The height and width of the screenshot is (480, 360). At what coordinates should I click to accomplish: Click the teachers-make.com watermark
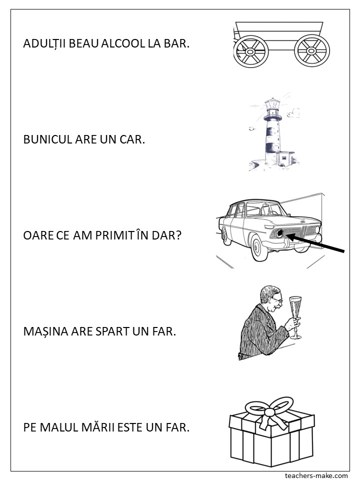[x=316, y=475]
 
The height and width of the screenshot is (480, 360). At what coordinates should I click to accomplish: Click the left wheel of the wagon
[x=251, y=51]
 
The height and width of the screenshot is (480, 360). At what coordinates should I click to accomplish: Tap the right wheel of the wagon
[x=312, y=50]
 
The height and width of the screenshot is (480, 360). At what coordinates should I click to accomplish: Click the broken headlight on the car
[x=279, y=234]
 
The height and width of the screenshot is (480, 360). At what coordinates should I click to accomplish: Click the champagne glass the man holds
[x=295, y=317]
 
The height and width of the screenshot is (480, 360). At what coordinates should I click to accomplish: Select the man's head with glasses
[x=270, y=299]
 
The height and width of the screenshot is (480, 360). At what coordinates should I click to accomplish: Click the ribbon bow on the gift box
[x=269, y=411]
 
